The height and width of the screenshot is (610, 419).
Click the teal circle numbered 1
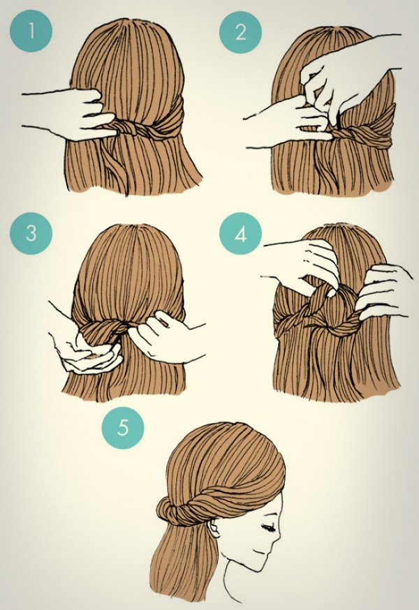(31, 31)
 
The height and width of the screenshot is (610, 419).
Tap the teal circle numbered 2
(240, 32)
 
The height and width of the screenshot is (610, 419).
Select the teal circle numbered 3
(31, 233)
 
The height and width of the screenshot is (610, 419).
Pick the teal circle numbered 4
(240, 235)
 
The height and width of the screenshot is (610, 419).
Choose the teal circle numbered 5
(123, 428)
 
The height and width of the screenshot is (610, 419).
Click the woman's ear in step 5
(214, 528)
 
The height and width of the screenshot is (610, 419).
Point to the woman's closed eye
(268, 528)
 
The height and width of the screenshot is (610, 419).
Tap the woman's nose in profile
(277, 537)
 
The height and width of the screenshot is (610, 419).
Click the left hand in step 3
(87, 352)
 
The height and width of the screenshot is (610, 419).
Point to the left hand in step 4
(308, 262)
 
